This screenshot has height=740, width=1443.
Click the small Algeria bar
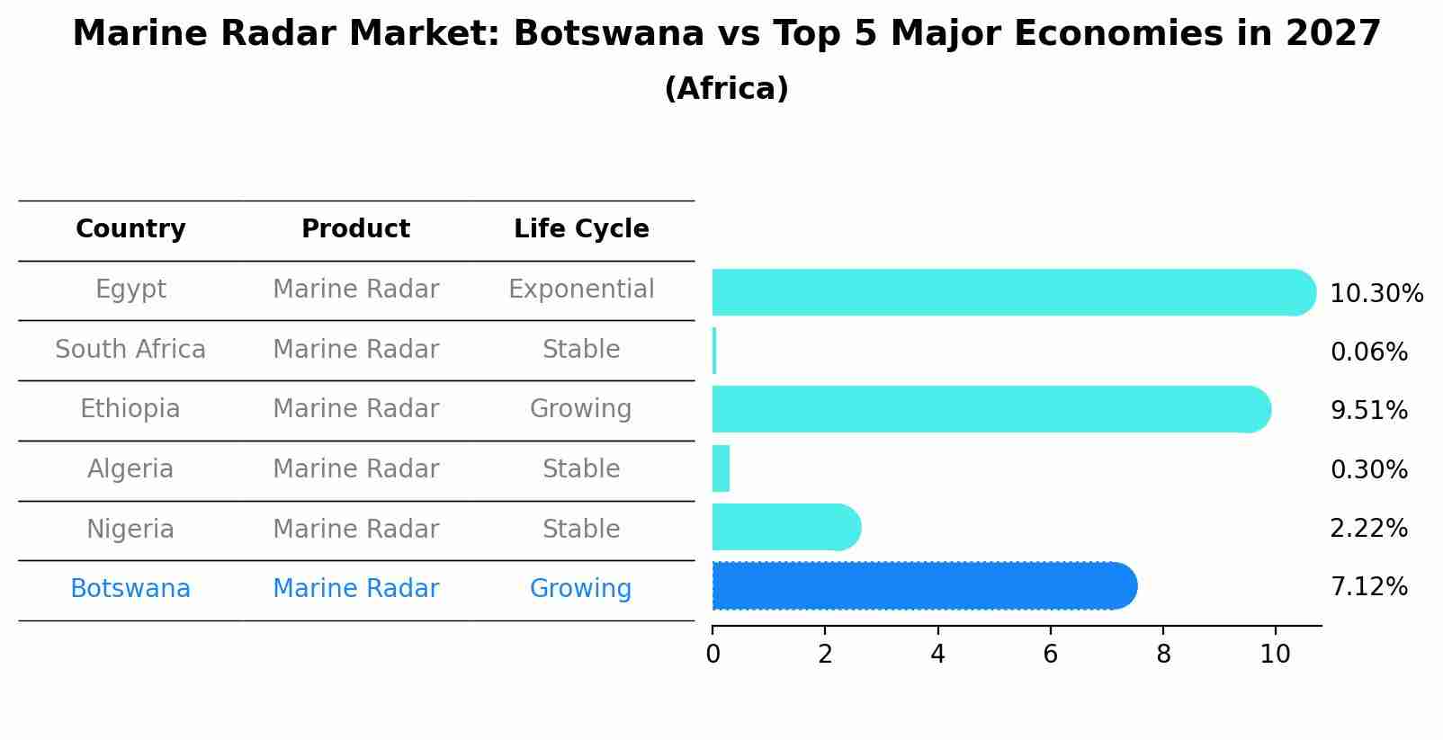(x=721, y=468)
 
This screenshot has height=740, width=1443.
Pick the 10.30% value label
(x=1376, y=294)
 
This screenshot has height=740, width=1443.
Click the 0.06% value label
(x=1368, y=352)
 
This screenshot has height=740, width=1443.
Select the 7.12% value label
(x=1368, y=587)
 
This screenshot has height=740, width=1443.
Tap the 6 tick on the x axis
(x=1050, y=655)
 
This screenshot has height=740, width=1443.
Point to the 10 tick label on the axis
(x=1275, y=655)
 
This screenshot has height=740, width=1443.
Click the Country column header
(x=130, y=229)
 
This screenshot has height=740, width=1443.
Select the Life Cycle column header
(x=581, y=229)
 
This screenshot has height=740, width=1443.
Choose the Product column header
(x=355, y=229)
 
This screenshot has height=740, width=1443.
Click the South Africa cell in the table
(x=130, y=350)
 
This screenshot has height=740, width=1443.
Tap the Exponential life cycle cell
(x=581, y=290)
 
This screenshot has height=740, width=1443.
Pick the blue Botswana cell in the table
(x=130, y=589)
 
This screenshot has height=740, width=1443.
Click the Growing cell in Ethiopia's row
(x=581, y=409)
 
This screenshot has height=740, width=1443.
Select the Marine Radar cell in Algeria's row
(x=355, y=469)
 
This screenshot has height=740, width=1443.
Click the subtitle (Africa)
(x=726, y=89)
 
